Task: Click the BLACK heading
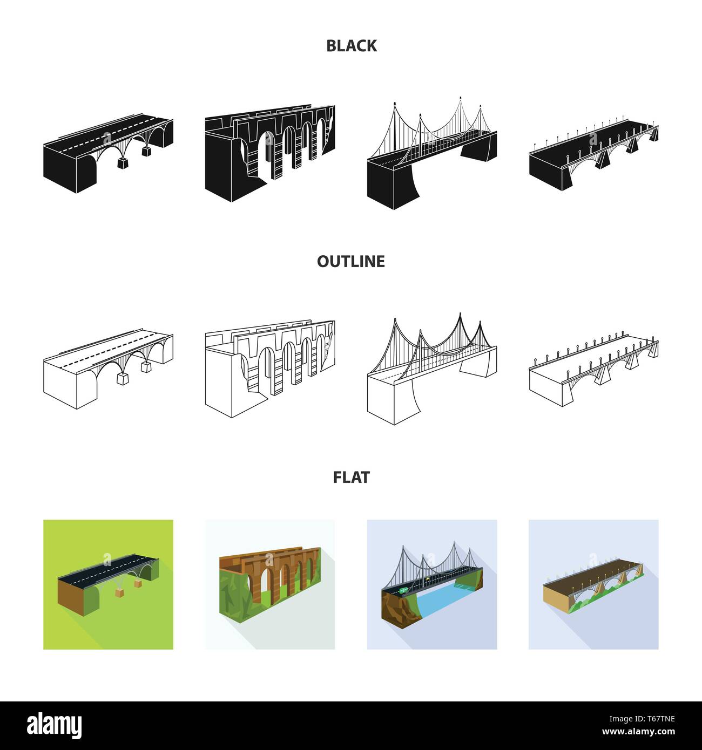click(x=351, y=46)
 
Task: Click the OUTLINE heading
click(x=351, y=262)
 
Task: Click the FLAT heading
click(x=351, y=478)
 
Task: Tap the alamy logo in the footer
click(x=54, y=726)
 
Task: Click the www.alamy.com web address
click(x=638, y=732)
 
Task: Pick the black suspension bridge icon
click(x=432, y=153)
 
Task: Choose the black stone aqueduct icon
click(x=270, y=153)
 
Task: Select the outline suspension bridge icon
click(x=432, y=369)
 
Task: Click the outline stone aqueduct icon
click(x=270, y=369)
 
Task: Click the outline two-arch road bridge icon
click(x=108, y=369)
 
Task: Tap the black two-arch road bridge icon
click(x=108, y=153)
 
